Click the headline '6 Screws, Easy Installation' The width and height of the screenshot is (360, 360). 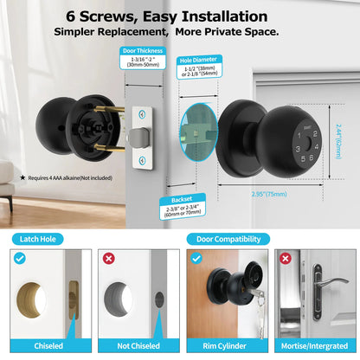[x=179, y=16]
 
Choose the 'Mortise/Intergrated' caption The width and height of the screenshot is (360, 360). [x=312, y=345]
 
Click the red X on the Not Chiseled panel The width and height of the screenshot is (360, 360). [x=107, y=259]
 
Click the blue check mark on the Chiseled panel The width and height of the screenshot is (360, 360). [x=19, y=258]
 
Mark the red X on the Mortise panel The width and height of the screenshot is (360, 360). [x=286, y=259]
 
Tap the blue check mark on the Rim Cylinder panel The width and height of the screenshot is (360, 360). [x=196, y=259]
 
